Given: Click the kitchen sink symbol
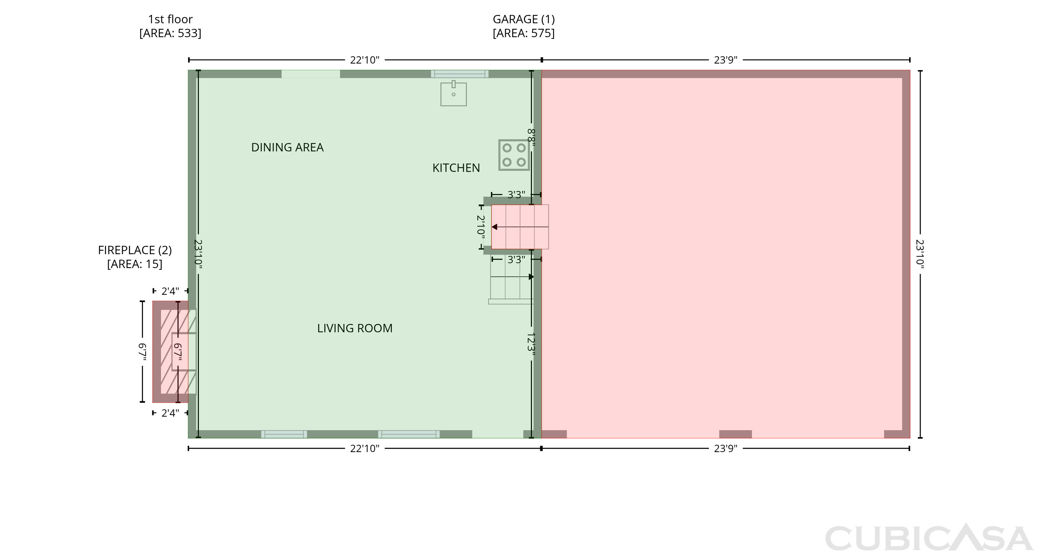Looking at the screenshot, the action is [453, 93].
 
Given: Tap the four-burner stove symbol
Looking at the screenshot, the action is [514, 155].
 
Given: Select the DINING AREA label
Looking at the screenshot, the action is [288, 147].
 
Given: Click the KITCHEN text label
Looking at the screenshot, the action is [456, 168].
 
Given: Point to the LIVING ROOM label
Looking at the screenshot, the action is [355, 328].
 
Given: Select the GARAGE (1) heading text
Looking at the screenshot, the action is [524, 19].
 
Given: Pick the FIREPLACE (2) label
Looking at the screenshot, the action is [135, 250].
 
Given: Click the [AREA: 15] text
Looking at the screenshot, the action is [135, 264].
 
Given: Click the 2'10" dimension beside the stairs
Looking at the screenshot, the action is [480, 226].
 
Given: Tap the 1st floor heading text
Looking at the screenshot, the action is [170, 19].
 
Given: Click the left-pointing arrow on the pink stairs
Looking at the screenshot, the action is [520, 227].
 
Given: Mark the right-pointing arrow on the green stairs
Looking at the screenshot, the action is [512, 277].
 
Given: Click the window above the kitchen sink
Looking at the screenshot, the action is [460, 74].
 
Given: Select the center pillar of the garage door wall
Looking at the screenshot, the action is [735, 434].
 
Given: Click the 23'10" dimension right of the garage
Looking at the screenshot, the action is [920, 254].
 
